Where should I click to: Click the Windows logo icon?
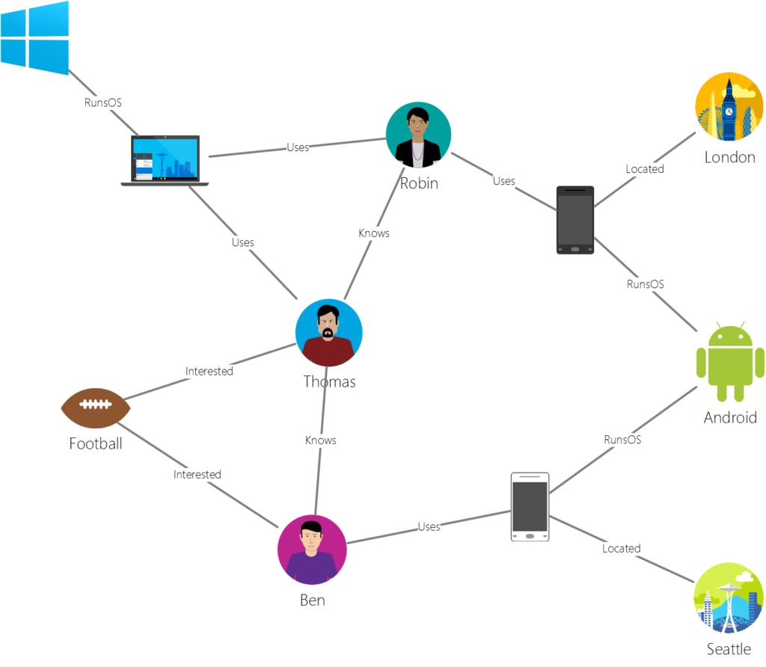[x=34, y=34]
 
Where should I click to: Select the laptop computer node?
[x=165, y=159]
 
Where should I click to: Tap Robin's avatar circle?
[x=418, y=135]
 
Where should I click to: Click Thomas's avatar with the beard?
[x=329, y=333]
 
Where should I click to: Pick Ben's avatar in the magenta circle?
[x=312, y=550]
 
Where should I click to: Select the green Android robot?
[x=730, y=362]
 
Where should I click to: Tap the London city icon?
[x=729, y=107]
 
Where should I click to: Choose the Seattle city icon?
[x=729, y=598]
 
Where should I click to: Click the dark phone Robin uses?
[x=575, y=220]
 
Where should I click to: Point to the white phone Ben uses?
[x=530, y=506]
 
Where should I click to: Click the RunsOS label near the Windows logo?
[x=103, y=102]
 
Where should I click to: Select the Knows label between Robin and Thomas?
[x=374, y=233]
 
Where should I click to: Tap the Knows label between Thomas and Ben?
[x=321, y=440]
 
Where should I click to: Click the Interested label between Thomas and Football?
[x=209, y=371]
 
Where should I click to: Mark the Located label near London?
[x=645, y=169]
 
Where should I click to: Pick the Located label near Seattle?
[x=622, y=549]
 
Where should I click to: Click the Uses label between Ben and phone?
[x=429, y=527]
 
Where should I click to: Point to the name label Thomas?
[x=329, y=382]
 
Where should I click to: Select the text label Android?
[x=730, y=417]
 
